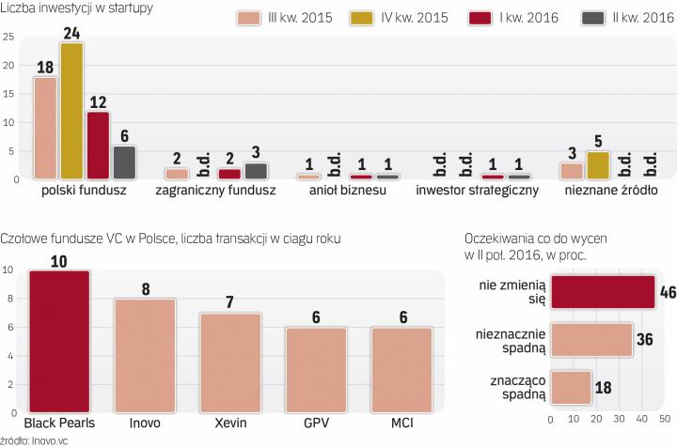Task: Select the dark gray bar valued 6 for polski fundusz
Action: (x=124, y=162)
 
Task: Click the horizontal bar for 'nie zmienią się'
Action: (x=603, y=292)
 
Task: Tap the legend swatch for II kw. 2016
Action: (x=569, y=18)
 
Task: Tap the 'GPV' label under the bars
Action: (x=316, y=424)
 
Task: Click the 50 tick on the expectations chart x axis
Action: (x=665, y=419)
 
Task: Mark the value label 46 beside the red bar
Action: (x=668, y=292)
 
